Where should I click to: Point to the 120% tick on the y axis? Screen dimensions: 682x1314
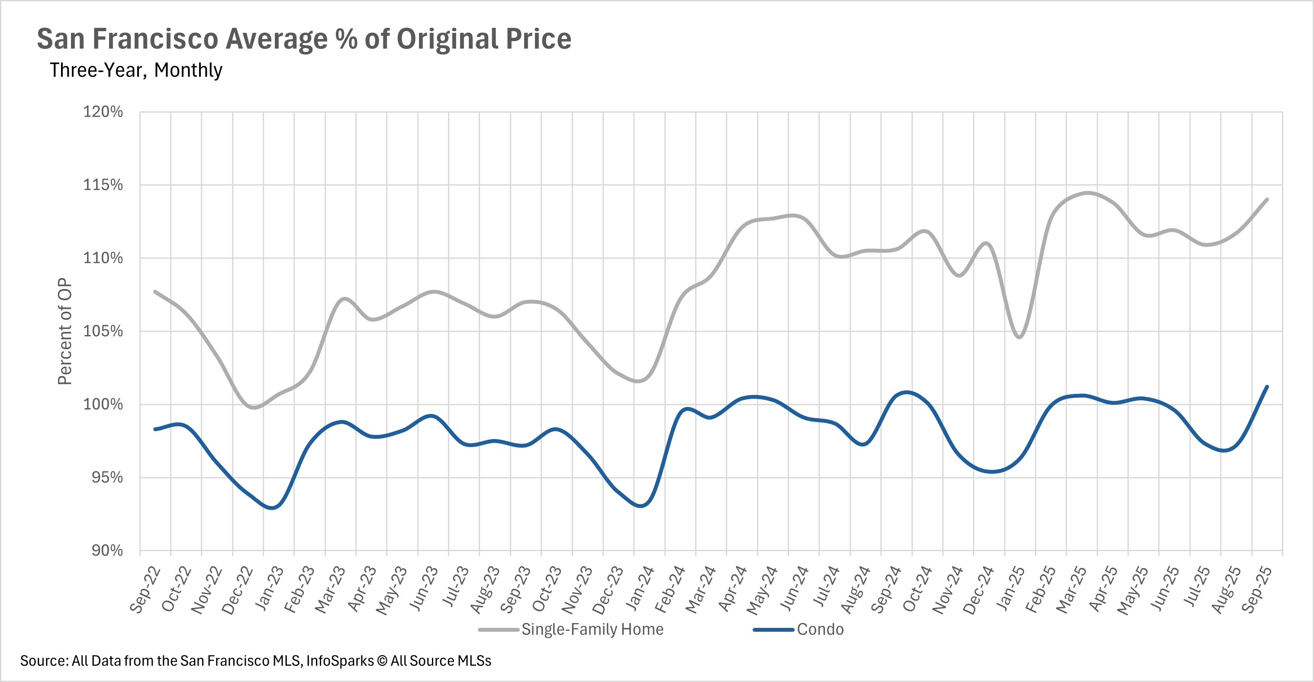[x=103, y=112]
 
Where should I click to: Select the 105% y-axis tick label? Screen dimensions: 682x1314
[x=103, y=331]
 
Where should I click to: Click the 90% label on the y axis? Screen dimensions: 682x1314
[x=107, y=550]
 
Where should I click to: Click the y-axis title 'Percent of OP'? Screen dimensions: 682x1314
[x=65, y=331]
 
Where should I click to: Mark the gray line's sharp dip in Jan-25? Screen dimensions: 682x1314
[x=1019, y=338]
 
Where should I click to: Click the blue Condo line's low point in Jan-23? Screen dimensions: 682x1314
[x=272, y=508]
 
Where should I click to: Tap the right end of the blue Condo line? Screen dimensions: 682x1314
[x=1267, y=386]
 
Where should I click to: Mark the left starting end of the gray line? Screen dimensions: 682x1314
[x=155, y=292]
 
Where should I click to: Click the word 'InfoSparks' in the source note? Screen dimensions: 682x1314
[x=340, y=661]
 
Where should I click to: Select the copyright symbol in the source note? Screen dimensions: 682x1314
[x=382, y=661]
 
